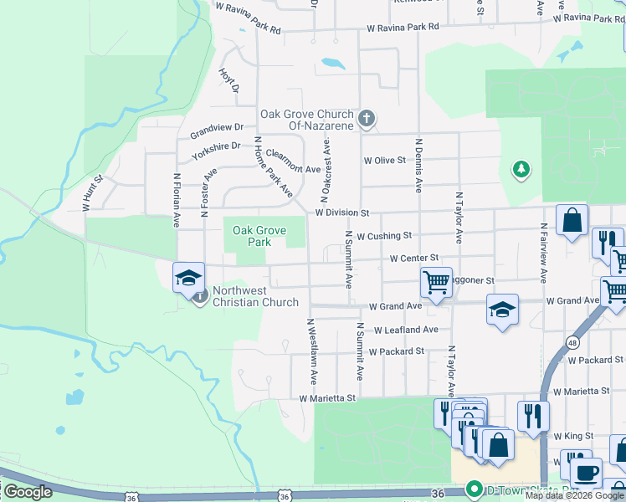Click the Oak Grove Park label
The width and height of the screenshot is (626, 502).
click(259, 236)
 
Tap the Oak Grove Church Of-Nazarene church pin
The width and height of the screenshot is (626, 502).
click(366, 120)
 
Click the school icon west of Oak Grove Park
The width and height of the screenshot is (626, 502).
click(188, 277)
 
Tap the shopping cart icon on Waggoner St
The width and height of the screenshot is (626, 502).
click(436, 282)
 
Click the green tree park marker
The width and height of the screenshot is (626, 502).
click(521, 170)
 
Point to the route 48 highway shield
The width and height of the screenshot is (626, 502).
click(572, 342)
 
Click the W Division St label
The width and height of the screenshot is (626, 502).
click(342, 213)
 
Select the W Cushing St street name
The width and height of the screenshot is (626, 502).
click(383, 236)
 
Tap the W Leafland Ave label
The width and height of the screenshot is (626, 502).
click(406, 330)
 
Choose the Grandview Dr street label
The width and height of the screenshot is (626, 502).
click(216, 130)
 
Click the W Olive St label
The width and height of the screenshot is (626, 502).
click(384, 160)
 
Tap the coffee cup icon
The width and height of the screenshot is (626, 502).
click(586, 473)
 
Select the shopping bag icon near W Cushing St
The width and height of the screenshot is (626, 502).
click(572, 222)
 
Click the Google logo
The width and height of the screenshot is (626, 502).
click(28, 492)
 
